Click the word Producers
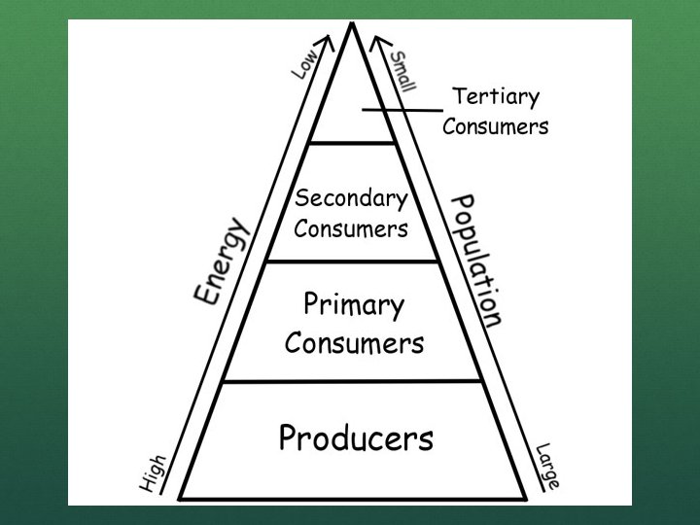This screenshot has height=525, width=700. pos(355,438)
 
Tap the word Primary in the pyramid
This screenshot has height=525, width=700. pos(353,305)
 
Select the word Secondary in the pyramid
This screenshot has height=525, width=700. pos(351,199)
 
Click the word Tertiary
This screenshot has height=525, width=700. pos(496,96)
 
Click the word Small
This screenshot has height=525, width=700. pos(402,69)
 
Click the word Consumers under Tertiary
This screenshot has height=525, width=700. pos(496,126)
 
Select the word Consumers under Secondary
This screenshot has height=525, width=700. pos(351,230)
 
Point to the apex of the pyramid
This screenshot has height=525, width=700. pos(352,25)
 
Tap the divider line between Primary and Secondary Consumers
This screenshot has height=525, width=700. pos(352,262)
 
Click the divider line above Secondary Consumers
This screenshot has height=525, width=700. pos(352,144)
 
